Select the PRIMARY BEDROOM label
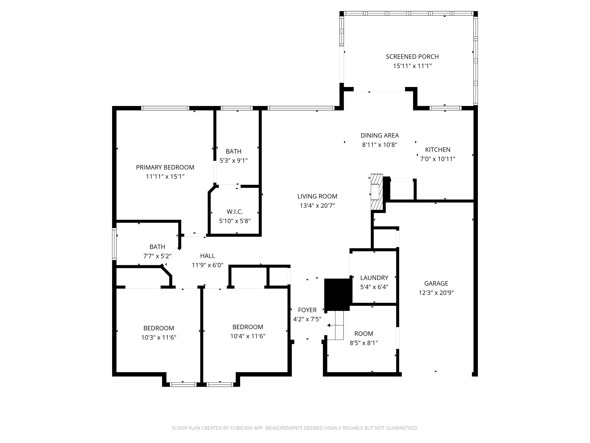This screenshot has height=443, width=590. tap(165, 167)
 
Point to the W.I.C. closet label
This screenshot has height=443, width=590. tap(235, 212)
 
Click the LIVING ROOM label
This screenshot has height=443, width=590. tap(317, 196)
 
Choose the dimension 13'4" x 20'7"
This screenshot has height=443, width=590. tap(317, 206)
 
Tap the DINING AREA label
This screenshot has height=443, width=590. tap(380, 135)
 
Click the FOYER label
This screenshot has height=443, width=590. tap(307, 310)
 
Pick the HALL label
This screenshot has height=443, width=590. tap(207, 256)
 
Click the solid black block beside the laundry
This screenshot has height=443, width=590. tap(337, 295)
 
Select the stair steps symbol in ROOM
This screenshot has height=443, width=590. tap(335, 325)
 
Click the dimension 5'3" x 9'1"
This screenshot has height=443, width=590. tap(233, 161)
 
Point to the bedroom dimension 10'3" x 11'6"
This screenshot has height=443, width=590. tap(159, 337)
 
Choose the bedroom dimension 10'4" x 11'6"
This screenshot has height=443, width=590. tap(248, 336)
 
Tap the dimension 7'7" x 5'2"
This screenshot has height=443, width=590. tap(157, 256)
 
